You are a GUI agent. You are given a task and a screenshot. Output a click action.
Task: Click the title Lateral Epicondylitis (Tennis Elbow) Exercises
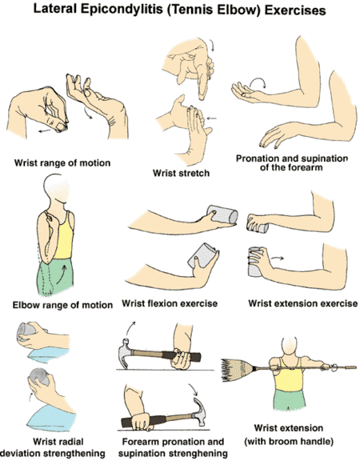[179, 12]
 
